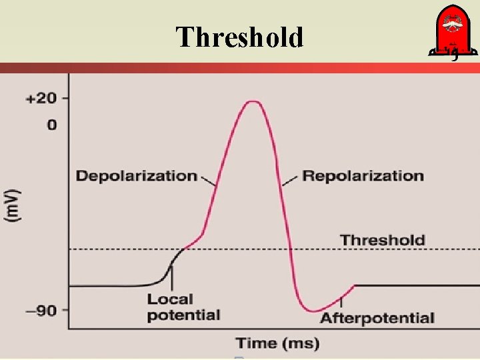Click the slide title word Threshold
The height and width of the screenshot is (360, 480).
tap(239, 37)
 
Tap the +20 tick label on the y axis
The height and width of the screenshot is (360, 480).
tap(41, 99)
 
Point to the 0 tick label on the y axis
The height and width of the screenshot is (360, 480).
tap(51, 125)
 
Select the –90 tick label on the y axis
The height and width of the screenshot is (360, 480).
tap(42, 310)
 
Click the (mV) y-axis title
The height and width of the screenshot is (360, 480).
tap(14, 206)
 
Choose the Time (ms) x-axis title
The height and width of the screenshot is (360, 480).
tap(277, 343)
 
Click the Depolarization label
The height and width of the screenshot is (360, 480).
tap(136, 176)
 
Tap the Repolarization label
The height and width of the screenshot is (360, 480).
tap(363, 176)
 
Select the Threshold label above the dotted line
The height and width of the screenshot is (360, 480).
tap(382, 239)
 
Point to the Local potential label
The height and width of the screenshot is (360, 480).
tap(183, 307)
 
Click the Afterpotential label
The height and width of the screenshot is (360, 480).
tap(377, 319)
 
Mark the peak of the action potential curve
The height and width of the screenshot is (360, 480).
tap(251, 101)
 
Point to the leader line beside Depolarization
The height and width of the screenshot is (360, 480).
tap(208, 180)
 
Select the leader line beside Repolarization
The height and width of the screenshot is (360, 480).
tap(289, 180)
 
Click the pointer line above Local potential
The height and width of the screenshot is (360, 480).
tap(171, 277)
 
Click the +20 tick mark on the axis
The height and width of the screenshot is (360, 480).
tap(64, 98)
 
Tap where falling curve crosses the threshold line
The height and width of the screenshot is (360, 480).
tap(291, 249)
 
